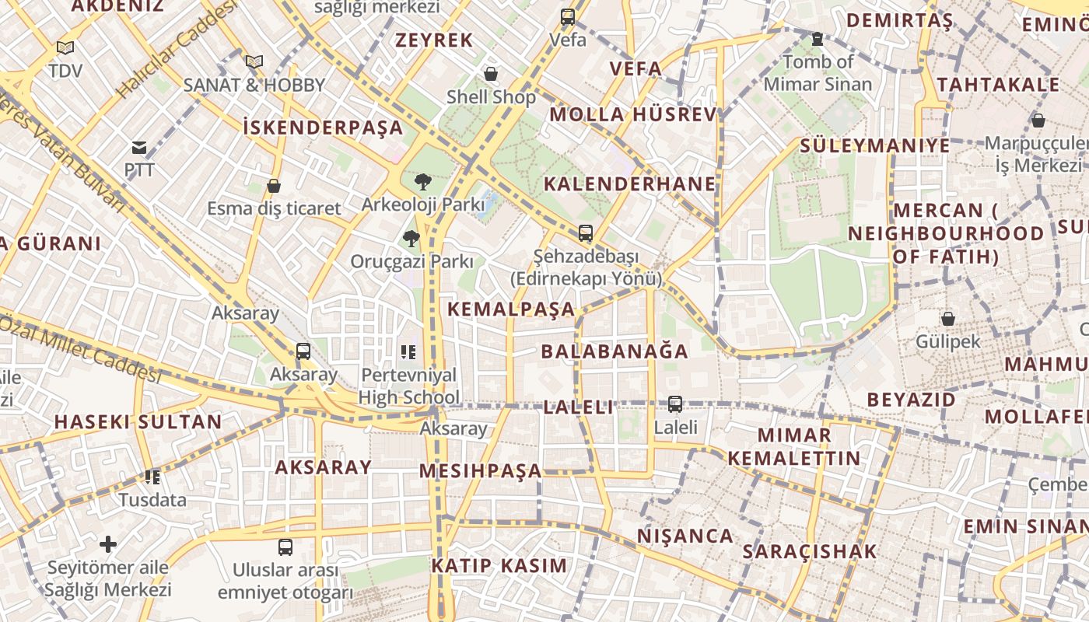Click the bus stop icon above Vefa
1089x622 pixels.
coord(568,16)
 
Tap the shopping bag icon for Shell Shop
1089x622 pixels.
coord(491,74)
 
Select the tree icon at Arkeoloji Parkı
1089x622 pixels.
coord(423,182)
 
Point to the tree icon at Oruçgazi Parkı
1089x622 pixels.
coord(411,238)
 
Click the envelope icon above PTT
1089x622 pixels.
coord(139,148)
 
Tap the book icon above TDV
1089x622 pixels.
coord(65,48)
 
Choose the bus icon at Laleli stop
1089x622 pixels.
coord(675,404)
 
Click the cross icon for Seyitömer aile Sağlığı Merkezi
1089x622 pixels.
coord(108,544)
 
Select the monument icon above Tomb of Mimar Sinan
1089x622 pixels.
coord(817,38)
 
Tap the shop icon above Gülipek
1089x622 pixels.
coord(947,319)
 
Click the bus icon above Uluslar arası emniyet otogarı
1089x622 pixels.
coord(285,547)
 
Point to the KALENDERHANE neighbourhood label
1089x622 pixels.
coord(629,184)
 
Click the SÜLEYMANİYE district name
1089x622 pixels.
coord(875,145)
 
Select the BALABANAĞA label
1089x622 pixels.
coord(615,351)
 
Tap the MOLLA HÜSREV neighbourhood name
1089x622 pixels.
coord(632,115)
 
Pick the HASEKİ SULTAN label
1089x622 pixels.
coord(138,422)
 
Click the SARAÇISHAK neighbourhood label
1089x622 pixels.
coord(809,552)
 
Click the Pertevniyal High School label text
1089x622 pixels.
coord(408,386)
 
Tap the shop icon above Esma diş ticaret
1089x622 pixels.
coord(273,186)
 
